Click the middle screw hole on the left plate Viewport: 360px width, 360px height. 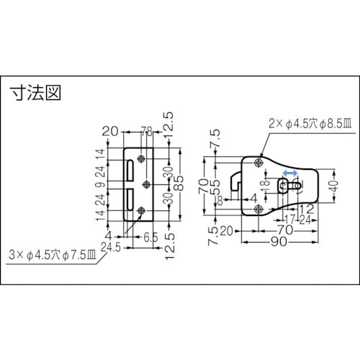[147, 184]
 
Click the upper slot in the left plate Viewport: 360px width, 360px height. [130, 171]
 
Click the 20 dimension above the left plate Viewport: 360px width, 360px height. [109, 131]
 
